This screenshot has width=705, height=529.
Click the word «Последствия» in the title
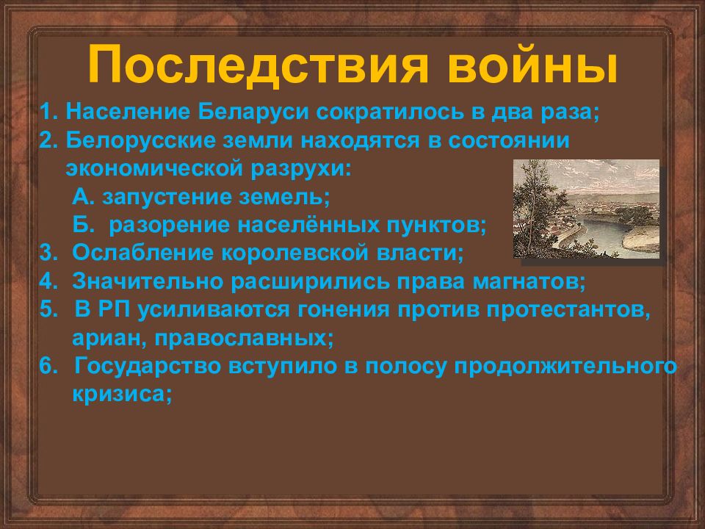(x=258, y=65)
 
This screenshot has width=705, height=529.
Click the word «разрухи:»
(x=301, y=169)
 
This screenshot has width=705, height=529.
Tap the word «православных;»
(x=244, y=339)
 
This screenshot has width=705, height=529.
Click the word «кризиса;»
(x=123, y=395)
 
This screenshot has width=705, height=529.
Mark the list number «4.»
(x=49, y=281)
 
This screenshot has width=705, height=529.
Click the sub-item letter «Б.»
(x=84, y=226)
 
